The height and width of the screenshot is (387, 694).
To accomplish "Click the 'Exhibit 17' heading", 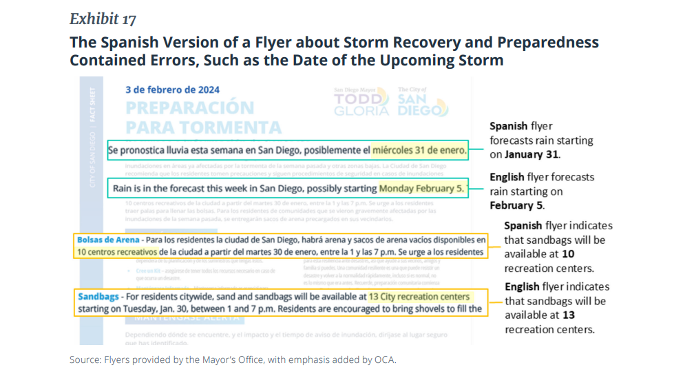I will [x=103, y=19].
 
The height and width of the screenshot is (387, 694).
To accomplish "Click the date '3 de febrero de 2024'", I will [x=172, y=90].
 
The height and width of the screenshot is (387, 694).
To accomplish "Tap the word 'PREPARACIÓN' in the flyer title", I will [x=189, y=108].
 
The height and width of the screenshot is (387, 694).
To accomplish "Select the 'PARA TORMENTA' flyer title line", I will [x=203, y=127].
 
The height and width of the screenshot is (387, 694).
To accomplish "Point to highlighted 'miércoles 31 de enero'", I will [x=419, y=150].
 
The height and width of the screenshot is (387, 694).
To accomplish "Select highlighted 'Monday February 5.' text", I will [x=421, y=187].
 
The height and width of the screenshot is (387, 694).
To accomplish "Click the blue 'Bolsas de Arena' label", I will [x=107, y=240].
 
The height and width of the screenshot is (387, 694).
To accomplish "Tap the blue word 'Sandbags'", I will [x=98, y=296].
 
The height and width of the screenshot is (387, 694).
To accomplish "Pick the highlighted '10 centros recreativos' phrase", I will [x=121, y=253].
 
